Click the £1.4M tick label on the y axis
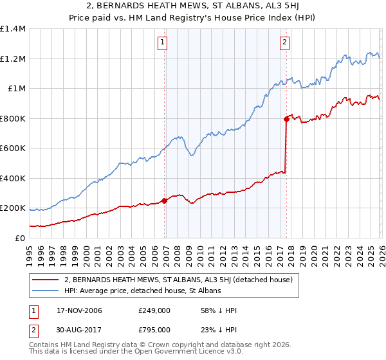(12, 29)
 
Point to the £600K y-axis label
(12, 148)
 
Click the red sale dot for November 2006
(165, 201)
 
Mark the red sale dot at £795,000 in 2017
(286, 119)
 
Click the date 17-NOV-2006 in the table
(79, 310)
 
